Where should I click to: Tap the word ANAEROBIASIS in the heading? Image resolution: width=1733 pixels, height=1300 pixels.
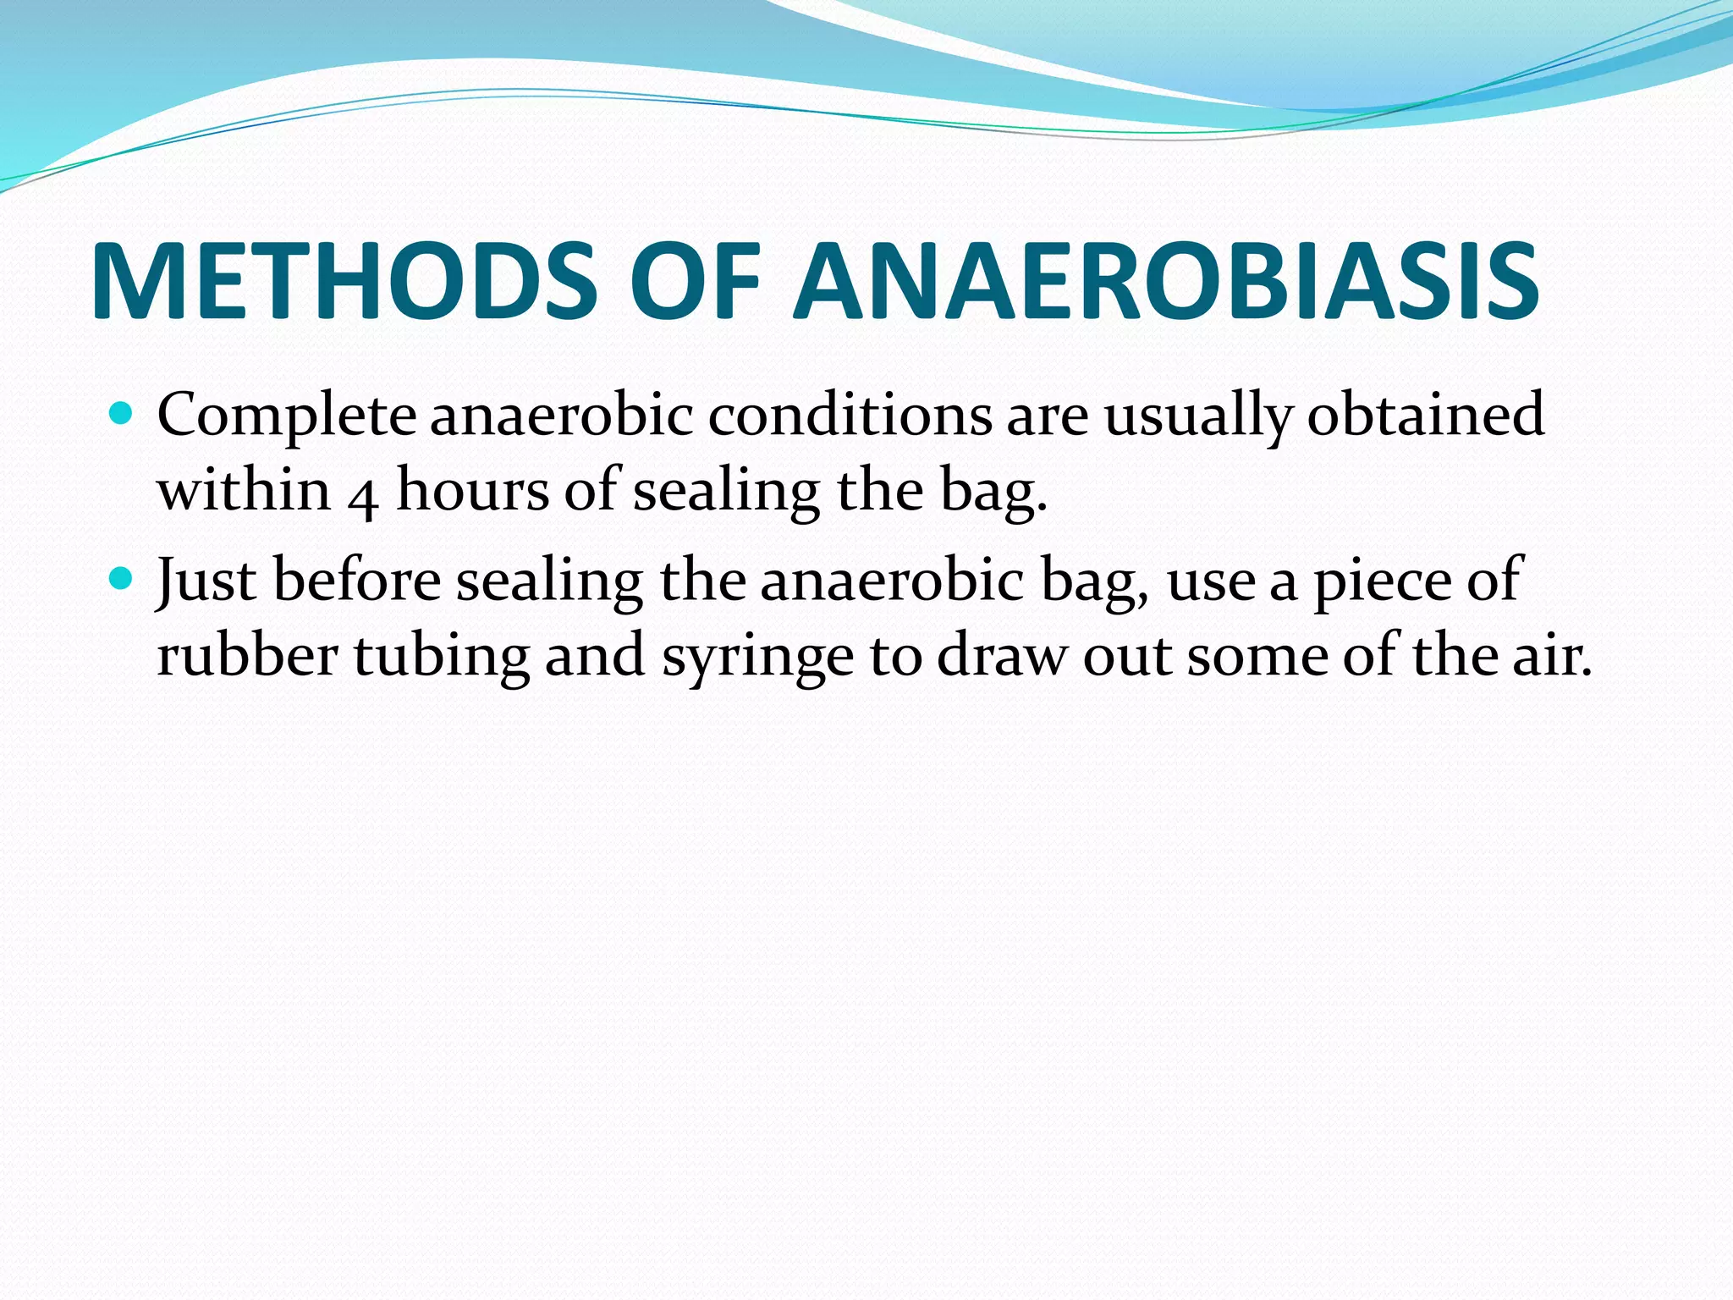pyautogui.click(x=1165, y=282)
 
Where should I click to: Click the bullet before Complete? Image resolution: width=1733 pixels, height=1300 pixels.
pyautogui.click(x=123, y=415)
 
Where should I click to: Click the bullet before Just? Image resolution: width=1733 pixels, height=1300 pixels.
pyautogui.click(x=123, y=579)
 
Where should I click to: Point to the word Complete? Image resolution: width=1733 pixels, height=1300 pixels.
pyautogui.click(x=286, y=416)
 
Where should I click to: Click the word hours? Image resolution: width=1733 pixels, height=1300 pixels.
pyautogui.click(x=473, y=490)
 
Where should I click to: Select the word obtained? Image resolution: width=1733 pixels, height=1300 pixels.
pyautogui.click(x=1426, y=415)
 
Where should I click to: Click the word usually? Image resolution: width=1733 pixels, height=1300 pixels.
pyautogui.click(x=1198, y=416)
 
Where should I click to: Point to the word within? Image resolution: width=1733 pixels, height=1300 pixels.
pyautogui.click(x=244, y=490)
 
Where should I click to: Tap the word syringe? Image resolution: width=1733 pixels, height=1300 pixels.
pyautogui.click(x=757, y=658)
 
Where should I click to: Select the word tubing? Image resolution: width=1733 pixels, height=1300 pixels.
pyautogui.click(x=441, y=658)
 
